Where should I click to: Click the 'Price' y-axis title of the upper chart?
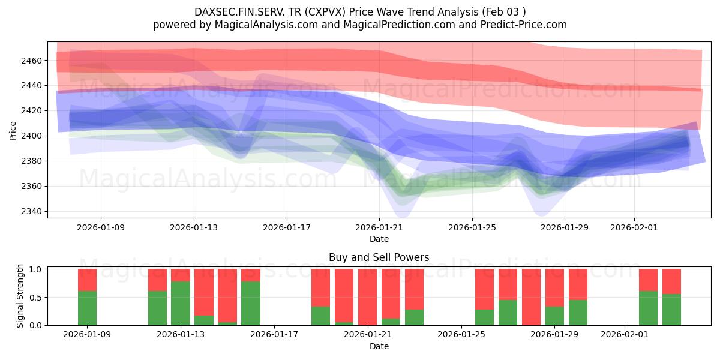point(13,130)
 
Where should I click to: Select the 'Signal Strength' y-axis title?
point(20,296)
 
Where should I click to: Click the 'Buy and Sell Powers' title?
point(379,257)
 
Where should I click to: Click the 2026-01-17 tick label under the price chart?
point(286,227)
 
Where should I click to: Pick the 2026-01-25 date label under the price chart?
point(472,227)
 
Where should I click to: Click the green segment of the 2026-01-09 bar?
point(87,308)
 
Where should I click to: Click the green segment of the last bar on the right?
point(671,310)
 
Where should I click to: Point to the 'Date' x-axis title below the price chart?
point(379,239)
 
